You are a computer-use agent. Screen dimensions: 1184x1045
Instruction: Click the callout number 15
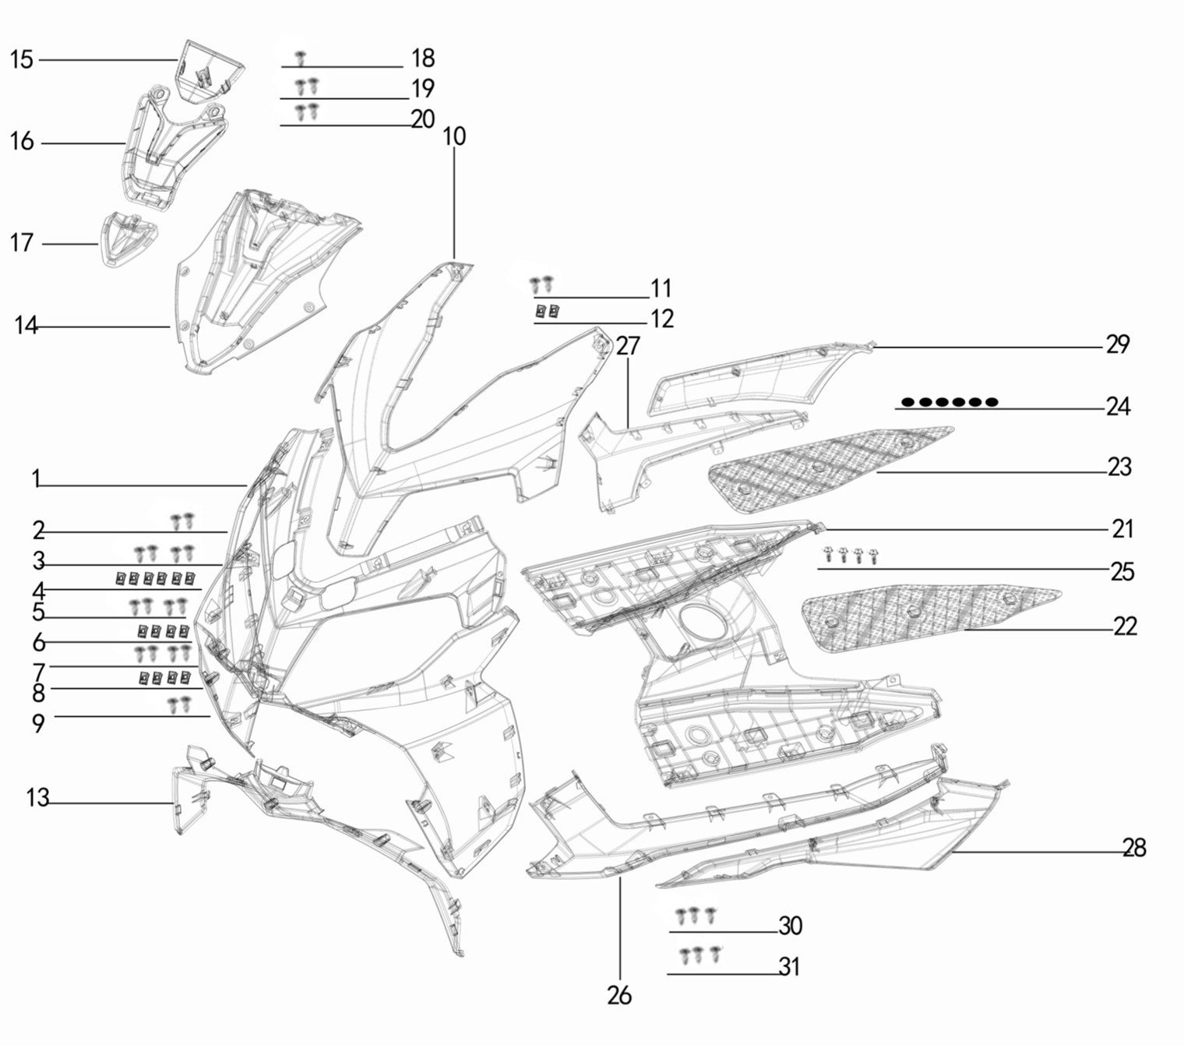[22, 60]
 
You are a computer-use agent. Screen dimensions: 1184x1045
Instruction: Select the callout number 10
[454, 136]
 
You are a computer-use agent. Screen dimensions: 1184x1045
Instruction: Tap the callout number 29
[1117, 344]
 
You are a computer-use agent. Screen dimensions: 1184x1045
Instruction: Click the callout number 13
[37, 798]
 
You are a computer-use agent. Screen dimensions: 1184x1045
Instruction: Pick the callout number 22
[1125, 627]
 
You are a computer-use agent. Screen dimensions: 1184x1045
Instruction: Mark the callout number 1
[37, 479]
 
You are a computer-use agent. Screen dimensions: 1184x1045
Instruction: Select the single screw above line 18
[301, 58]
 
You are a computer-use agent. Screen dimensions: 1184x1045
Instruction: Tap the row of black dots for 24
[950, 402]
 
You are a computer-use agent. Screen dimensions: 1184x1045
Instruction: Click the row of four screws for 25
[851, 555]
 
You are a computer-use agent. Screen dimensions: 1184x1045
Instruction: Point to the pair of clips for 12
[548, 311]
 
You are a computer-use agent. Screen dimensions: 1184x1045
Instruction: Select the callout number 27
[629, 346]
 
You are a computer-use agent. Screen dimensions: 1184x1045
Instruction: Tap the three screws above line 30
[696, 915]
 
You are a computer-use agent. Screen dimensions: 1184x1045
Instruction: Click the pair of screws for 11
[541, 284]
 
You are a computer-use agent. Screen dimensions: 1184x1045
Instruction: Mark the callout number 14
[26, 325]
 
